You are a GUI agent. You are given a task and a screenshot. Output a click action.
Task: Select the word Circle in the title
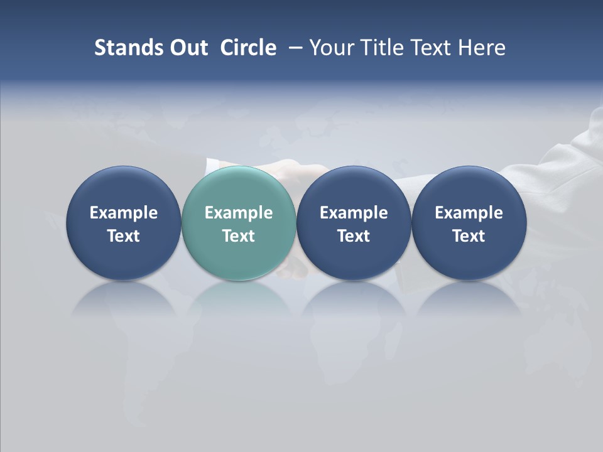(248, 48)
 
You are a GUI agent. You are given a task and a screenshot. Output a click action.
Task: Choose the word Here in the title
(482, 48)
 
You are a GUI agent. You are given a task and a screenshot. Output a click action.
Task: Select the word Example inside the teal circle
(239, 213)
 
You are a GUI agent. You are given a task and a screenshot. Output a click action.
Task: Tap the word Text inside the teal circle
(239, 236)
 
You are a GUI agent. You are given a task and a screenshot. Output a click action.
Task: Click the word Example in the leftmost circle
(124, 213)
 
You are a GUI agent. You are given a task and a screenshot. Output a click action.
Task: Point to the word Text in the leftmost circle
(124, 236)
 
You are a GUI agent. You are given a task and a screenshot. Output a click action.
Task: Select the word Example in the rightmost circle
(469, 213)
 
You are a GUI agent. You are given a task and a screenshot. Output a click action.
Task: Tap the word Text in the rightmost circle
(469, 236)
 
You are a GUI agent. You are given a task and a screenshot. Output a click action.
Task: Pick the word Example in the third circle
(354, 213)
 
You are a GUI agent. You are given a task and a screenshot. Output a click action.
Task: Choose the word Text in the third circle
(354, 236)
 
